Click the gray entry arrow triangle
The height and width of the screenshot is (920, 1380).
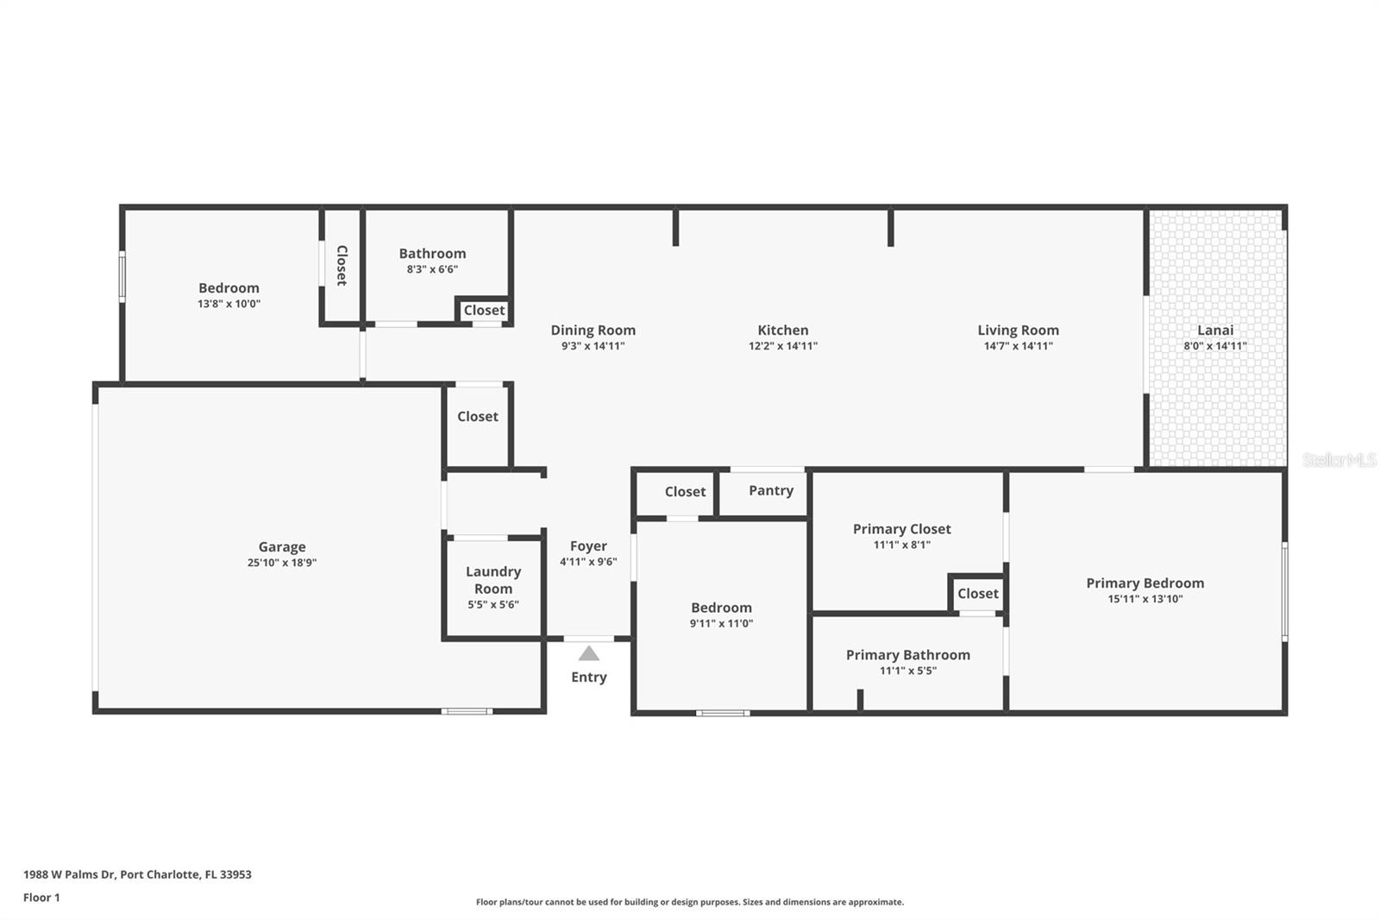pos(588,654)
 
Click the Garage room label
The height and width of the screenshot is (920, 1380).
pos(282,546)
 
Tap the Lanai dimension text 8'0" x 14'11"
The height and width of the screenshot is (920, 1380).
pos(1214,346)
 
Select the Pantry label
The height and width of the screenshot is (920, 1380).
pos(770,490)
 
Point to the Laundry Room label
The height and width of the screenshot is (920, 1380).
pos(493,580)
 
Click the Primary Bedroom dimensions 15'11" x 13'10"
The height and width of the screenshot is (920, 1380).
pos(1145,599)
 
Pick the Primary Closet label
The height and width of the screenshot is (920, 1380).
pos(901,529)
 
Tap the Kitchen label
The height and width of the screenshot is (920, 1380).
pos(782,330)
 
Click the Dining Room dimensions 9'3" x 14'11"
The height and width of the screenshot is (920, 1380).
pos(593,346)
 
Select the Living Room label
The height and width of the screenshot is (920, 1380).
pos(1018,330)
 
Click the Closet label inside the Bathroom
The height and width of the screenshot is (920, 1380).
pos(484,311)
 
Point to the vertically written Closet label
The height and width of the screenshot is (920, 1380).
pos(342,266)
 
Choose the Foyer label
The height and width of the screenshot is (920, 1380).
pos(588,546)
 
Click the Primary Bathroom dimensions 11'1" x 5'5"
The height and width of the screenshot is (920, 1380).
pos(907,671)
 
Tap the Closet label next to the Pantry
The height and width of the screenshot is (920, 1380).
pos(685,492)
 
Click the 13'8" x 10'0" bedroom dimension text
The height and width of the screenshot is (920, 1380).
pos(229,304)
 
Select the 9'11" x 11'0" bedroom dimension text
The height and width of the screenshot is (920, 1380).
pos(721,624)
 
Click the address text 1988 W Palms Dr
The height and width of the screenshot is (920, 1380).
pos(69,874)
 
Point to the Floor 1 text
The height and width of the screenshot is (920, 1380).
pos(41,898)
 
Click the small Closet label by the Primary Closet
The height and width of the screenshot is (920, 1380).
pos(977,594)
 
